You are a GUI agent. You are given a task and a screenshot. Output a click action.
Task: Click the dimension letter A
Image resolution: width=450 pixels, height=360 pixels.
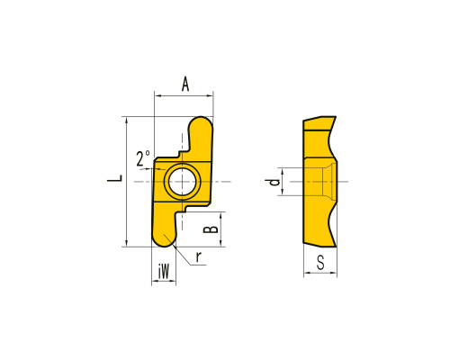click(185, 84)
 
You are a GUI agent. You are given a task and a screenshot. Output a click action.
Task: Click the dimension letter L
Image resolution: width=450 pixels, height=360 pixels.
click(115, 178)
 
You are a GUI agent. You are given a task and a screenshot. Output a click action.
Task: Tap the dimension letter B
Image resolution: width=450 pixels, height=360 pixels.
click(211, 229)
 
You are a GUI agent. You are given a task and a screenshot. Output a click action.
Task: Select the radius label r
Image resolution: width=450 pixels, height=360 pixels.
click(198, 257)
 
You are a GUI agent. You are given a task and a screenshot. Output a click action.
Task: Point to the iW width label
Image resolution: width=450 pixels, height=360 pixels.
click(164, 272)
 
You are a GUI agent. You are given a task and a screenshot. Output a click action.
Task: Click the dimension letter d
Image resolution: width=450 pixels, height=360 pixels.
click(274, 182)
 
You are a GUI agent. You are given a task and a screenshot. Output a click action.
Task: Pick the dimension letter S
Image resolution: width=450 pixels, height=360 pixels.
click(320, 262)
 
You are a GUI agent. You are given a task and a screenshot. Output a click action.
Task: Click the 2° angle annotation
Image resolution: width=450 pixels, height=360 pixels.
click(143, 158)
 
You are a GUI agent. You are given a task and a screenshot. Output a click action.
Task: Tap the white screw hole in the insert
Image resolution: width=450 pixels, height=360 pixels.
click(182, 182)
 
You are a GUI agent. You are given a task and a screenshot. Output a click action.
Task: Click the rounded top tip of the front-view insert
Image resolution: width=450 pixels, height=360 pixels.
click(201, 118)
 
